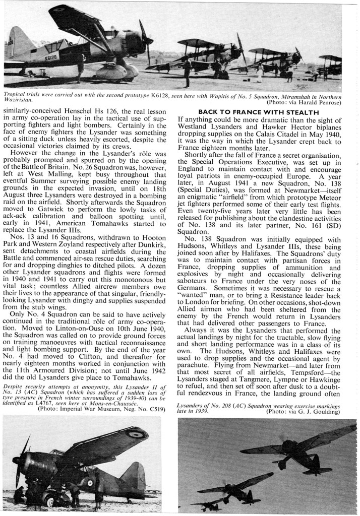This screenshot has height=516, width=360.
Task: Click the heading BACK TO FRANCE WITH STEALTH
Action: click(x=260, y=112)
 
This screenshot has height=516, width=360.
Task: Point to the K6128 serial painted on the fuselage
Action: click(x=49, y=59)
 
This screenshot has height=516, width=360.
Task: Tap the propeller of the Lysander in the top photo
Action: click(x=147, y=43)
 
